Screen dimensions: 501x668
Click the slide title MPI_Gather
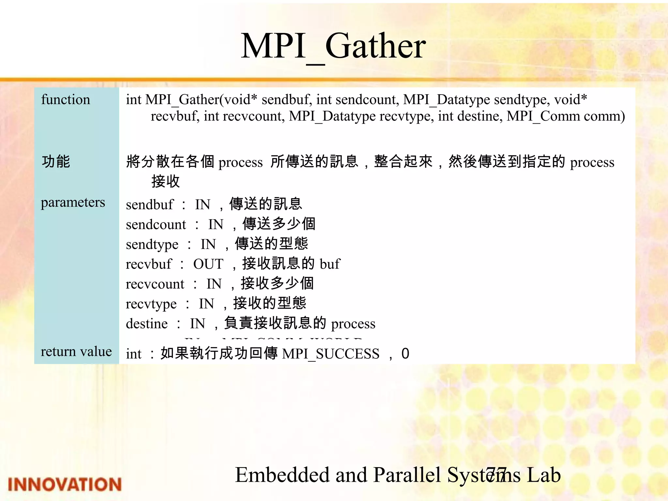pos(333,46)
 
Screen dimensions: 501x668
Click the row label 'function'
pos(66,99)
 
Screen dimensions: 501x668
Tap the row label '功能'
pos(56,162)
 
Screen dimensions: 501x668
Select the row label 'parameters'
pos(73,202)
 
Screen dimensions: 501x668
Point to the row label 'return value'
pos(76,352)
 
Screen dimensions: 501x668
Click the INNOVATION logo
pos(65,484)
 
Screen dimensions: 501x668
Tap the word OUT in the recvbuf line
pos(208,264)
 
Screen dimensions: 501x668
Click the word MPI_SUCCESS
pos(331,354)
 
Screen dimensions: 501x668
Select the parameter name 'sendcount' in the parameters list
pos(156,224)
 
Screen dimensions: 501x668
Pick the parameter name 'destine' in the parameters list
pos(147,324)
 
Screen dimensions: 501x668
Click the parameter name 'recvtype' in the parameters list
pos(151,304)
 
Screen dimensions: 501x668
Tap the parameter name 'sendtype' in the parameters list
pos(152,244)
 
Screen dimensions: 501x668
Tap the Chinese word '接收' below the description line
pos(166,181)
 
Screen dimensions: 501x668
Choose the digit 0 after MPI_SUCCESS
pos(405,354)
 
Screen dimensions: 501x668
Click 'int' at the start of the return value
pos(134,354)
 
